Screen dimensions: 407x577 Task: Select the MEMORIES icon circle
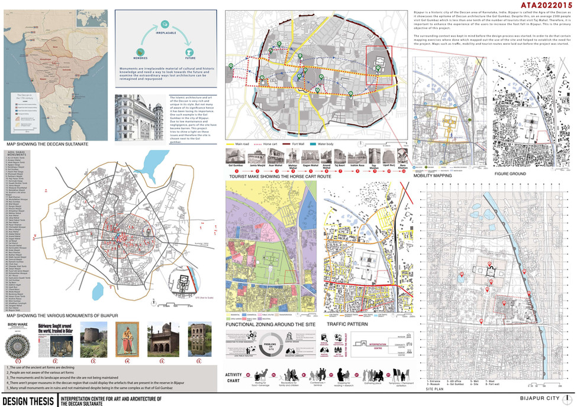(x=140, y=51)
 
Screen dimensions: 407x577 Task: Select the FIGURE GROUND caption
(x=510, y=175)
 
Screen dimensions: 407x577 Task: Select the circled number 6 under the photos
(x=199, y=360)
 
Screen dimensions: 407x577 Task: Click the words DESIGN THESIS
(x=27, y=400)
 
